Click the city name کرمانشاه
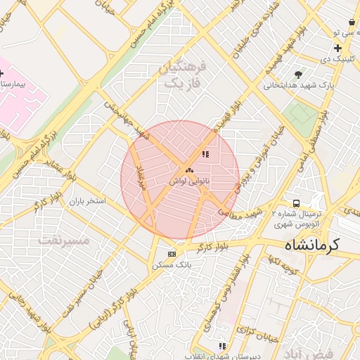pyautogui.click(x=311, y=246)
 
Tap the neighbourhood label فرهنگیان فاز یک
pyautogui.click(x=185, y=75)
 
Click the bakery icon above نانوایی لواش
pyautogui.click(x=188, y=170)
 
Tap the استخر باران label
pyautogui.click(x=86, y=201)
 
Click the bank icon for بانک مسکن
pyautogui.click(x=172, y=254)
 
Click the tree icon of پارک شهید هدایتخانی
pyautogui.click(x=300, y=74)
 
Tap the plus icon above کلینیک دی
pyautogui.click(x=337, y=49)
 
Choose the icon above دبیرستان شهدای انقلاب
pyautogui.click(x=223, y=346)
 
